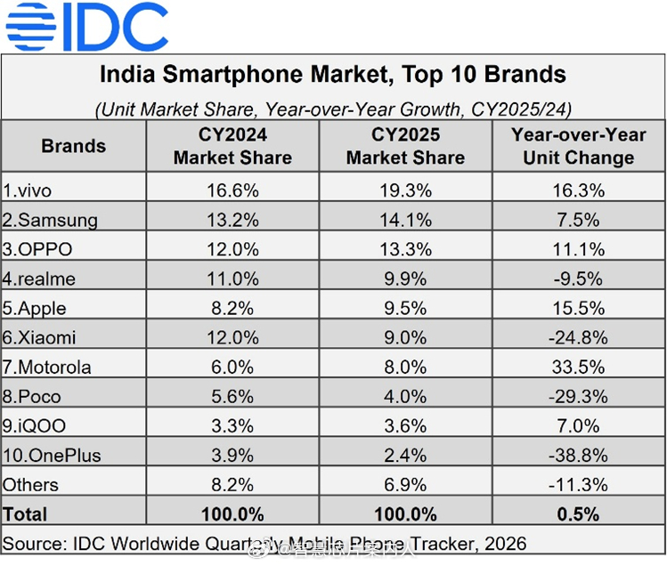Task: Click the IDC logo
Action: (86, 28)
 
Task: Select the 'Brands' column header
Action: (73, 146)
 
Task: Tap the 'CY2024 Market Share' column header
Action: (232, 146)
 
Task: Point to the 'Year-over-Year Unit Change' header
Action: (578, 146)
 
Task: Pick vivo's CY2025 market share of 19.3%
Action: (405, 190)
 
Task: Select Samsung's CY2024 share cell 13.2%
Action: (232, 219)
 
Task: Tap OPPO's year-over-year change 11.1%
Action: (578, 248)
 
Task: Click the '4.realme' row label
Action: (40, 279)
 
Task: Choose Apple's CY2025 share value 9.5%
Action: (405, 308)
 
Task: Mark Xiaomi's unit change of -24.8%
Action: (578, 337)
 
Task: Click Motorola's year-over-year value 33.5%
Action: (578, 367)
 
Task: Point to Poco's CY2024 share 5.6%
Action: (232, 396)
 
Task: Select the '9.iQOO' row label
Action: (35, 425)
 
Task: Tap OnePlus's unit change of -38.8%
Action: (578, 455)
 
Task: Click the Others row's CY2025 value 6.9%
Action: (405, 484)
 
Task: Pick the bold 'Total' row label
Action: (26, 513)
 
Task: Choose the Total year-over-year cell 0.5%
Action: (578, 513)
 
